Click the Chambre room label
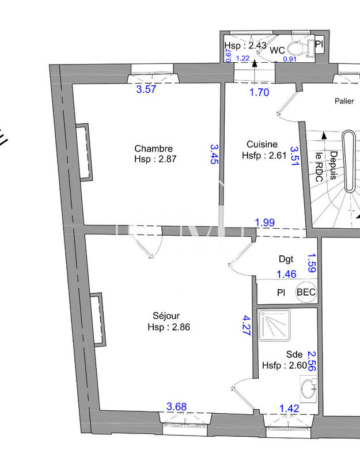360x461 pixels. pos(153,149)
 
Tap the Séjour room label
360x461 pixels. pos(166,316)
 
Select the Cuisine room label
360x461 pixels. pos(262,144)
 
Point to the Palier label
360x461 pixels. pos(344,101)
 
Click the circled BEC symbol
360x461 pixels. pos(306,292)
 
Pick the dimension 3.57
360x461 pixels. pos(146,89)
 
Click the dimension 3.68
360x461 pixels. pos(176,407)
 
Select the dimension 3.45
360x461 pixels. pos(214,154)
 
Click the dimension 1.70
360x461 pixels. pos(259,92)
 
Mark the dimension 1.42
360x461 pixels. pos(289,409)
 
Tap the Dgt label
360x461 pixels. pos(286,259)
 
